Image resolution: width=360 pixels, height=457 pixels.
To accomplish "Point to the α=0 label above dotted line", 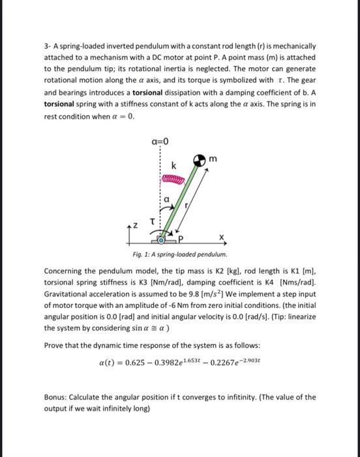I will coord(158,139).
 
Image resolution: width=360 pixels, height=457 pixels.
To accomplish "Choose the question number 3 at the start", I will coord(46,47).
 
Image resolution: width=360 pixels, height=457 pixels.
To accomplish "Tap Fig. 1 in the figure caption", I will coord(140,253).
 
